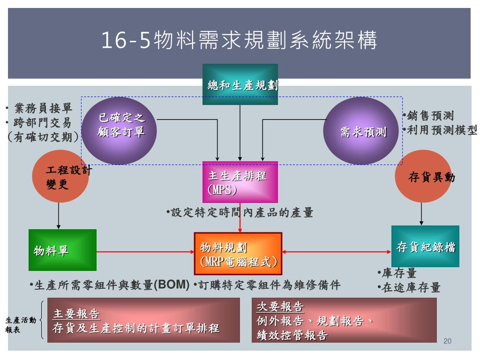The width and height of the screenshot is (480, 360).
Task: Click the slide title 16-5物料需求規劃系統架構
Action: pos(240,41)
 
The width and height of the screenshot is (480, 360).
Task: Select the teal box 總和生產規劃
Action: pos(240,84)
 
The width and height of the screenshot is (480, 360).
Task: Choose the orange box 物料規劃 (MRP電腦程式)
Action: pos(238,254)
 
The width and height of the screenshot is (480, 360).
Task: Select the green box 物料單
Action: pos(62,250)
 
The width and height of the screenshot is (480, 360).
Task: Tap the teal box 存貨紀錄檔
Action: pos(425,247)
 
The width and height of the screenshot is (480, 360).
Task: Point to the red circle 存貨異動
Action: pos(423,177)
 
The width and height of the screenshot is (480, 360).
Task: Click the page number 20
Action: pos(447,341)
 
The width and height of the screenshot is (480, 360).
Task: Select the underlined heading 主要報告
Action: pos(76,314)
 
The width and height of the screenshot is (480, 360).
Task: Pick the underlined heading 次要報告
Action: pos(280,307)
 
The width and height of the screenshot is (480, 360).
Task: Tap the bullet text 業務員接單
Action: pos(43,108)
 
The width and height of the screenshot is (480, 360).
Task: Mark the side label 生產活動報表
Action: pos(20,325)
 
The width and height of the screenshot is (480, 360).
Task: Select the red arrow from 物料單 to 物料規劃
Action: pos(145,252)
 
